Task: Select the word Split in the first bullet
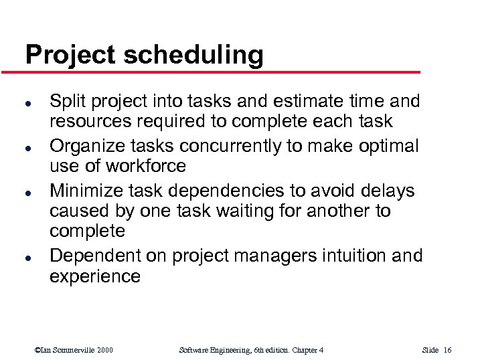(65, 102)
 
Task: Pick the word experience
(95, 276)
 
